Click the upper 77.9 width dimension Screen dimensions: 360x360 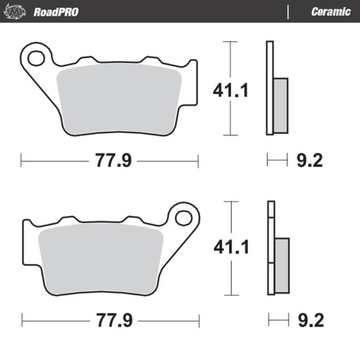[x=112, y=160]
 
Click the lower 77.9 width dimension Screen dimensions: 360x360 [x=112, y=318]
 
